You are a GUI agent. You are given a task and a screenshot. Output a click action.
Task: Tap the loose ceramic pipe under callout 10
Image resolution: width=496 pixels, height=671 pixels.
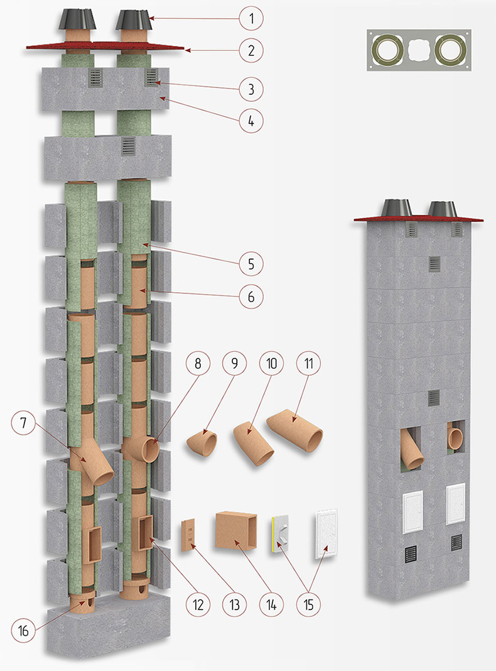(254, 444)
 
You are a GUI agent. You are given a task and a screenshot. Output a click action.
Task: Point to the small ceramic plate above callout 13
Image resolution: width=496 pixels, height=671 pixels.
(189, 535)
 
